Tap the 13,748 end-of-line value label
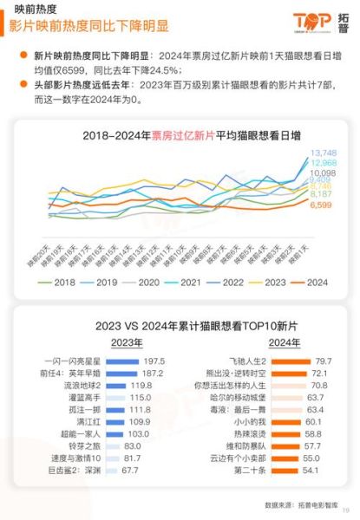323,153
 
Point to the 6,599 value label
322,205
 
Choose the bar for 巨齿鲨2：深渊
111,469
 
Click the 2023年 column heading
102,341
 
